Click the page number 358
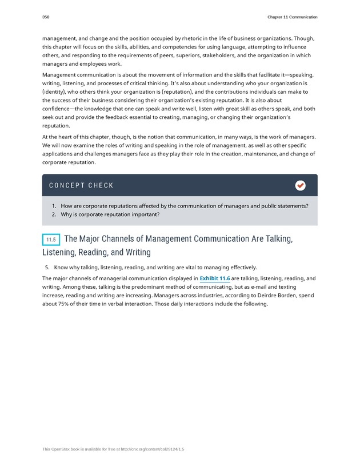tap(46, 17)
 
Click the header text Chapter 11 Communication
tap(292, 17)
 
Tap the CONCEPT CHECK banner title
tap(81, 185)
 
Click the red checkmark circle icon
tap(300, 185)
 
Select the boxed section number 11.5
tap(51, 240)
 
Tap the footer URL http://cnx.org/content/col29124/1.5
tap(145, 450)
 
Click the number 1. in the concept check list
tap(54, 205)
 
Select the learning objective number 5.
tap(47, 267)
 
